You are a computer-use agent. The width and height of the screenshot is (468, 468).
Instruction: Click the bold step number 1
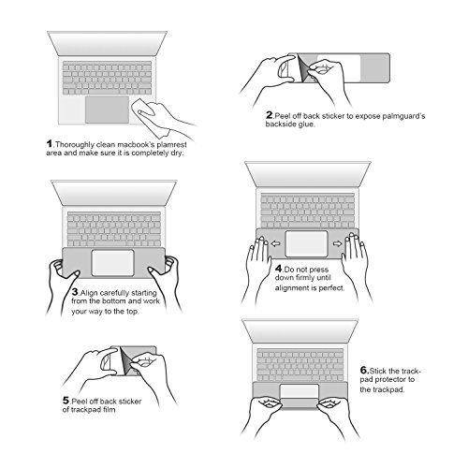[x=50, y=144]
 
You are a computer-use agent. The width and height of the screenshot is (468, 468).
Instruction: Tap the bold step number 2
[x=270, y=115]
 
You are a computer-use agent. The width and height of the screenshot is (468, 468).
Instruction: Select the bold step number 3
[x=75, y=292]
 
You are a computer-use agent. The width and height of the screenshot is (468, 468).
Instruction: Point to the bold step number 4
[x=279, y=269]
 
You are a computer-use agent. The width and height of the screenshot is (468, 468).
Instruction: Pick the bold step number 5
[x=66, y=401]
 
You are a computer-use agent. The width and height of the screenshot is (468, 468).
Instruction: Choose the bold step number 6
[x=364, y=371]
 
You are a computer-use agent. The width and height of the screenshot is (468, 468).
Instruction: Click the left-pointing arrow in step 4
[x=275, y=243]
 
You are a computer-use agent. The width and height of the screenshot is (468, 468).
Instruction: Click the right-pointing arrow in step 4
[x=338, y=243]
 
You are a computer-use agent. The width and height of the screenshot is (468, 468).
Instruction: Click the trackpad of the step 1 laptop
[x=107, y=110]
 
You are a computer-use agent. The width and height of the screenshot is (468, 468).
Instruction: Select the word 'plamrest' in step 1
[x=172, y=145]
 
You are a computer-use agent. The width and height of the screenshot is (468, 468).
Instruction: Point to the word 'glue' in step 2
[x=306, y=124]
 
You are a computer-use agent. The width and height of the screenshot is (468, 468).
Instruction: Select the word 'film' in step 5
[x=110, y=409]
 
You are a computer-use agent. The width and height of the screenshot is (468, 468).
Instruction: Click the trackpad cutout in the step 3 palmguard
[x=113, y=263]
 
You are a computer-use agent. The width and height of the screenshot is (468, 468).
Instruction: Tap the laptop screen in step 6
[x=300, y=331]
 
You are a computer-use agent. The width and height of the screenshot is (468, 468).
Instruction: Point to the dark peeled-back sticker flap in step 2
[x=302, y=68]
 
